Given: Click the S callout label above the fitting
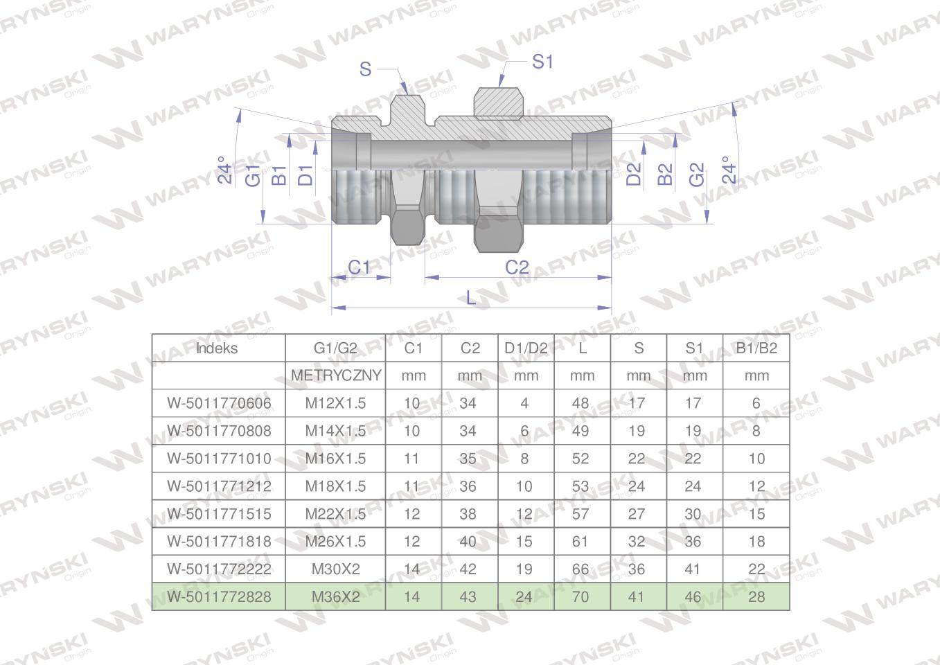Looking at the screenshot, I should pyautogui.click(x=366, y=69).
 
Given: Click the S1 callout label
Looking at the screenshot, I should pyautogui.click(x=542, y=62).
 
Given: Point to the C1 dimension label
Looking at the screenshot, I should pyautogui.click(x=359, y=267).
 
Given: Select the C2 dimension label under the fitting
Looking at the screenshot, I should pyautogui.click(x=517, y=267).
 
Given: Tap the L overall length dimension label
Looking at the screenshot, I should pyautogui.click(x=471, y=298).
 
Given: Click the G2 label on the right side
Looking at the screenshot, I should pyautogui.click(x=696, y=175).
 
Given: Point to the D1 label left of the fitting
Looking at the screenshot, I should pyautogui.click(x=305, y=175).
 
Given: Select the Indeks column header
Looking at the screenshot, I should pyautogui.click(x=217, y=348).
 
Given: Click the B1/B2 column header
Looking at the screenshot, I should pyautogui.click(x=756, y=348).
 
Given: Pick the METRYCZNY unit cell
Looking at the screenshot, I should pyautogui.click(x=336, y=375).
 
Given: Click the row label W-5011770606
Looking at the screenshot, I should pyautogui.click(x=219, y=403).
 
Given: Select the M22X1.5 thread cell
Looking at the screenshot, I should pyautogui.click(x=335, y=514).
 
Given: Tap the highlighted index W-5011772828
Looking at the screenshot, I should pyautogui.click(x=219, y=596).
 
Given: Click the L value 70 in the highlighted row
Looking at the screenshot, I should pyautogui.click(x=580, y=596).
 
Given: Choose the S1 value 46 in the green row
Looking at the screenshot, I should pyautogui.click(x=693, y=596).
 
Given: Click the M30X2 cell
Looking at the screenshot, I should pyautogui.click(x=335, y=569).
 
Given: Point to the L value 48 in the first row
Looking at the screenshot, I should pyautogui.click(x=580, y=403).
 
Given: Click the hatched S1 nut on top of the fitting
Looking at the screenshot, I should pyautogui.click(x=497, y=104).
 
